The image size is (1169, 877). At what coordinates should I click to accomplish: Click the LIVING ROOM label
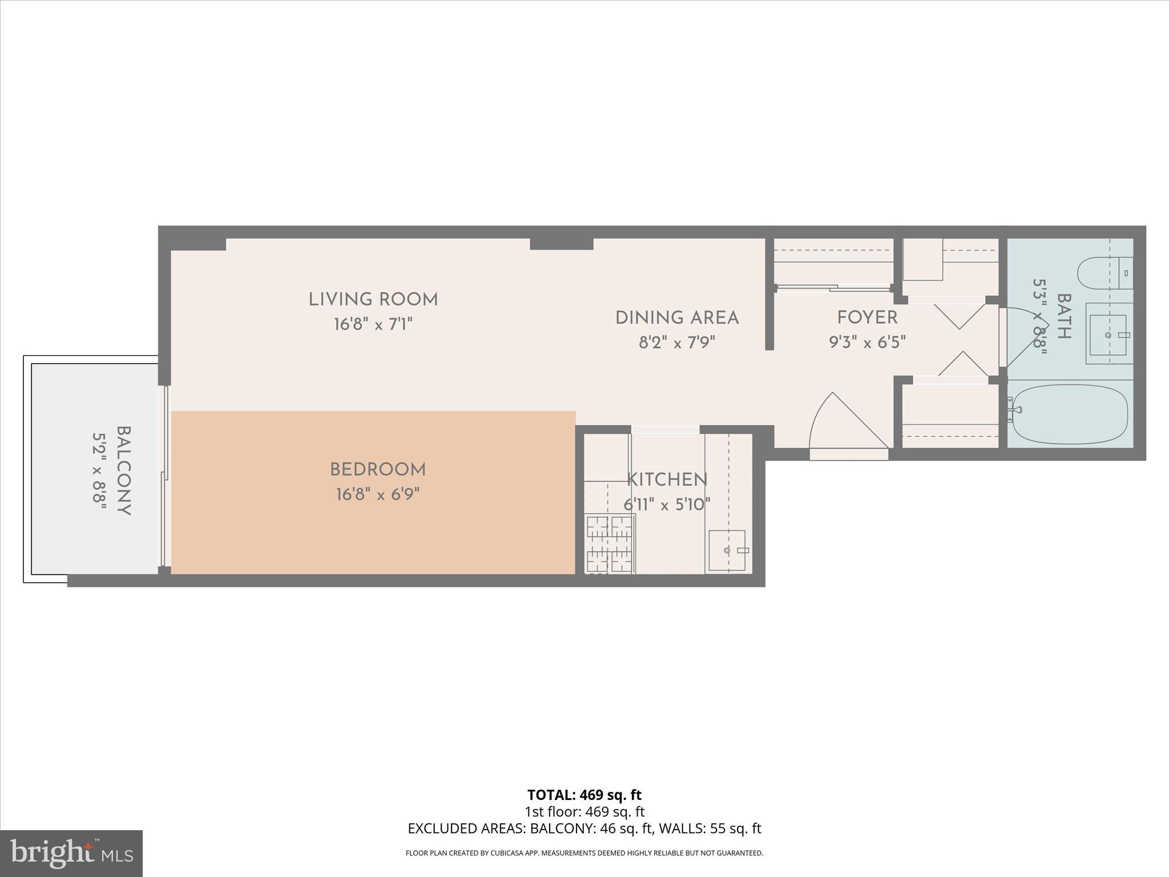pyautogui.click(x=373, y=300)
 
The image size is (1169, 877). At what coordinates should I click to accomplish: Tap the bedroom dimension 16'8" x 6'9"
pyautogui.click(x=378, y=494)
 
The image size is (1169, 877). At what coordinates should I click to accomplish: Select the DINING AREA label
pyautogui.click(x=677, y=318)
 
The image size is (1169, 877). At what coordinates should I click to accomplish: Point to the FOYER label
pyautogui.click(x=867, y=317)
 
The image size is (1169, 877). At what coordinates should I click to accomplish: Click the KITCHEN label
pyautogui.click(x=667, y=480)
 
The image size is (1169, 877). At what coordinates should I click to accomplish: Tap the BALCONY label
pyautogui.click(x=124, y=471)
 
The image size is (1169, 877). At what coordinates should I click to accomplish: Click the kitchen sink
pyautogui.click(x=727, y=550)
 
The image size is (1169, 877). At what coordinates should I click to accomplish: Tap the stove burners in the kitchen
pyautogui.click(x=610, y=544)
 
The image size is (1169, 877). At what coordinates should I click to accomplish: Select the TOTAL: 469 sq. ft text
pyautogui.click(x=584, y=795)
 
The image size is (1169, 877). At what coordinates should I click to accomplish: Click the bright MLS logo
pyautogui.click(x=71, y=854)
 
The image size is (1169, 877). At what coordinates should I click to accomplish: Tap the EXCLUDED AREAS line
pyautogui.click(x=584, y=828)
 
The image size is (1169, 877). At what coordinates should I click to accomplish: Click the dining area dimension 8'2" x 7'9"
pyautogui.click(x=677, y=343)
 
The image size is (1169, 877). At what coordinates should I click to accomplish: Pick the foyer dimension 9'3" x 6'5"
pyautogui.click(x=867, y=342)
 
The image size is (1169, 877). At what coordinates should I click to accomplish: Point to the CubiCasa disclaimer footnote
pyautogui.click(x=584, y=853)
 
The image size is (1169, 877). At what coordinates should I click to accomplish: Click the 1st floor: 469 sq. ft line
pyautogui.click(x=584, y=811)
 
